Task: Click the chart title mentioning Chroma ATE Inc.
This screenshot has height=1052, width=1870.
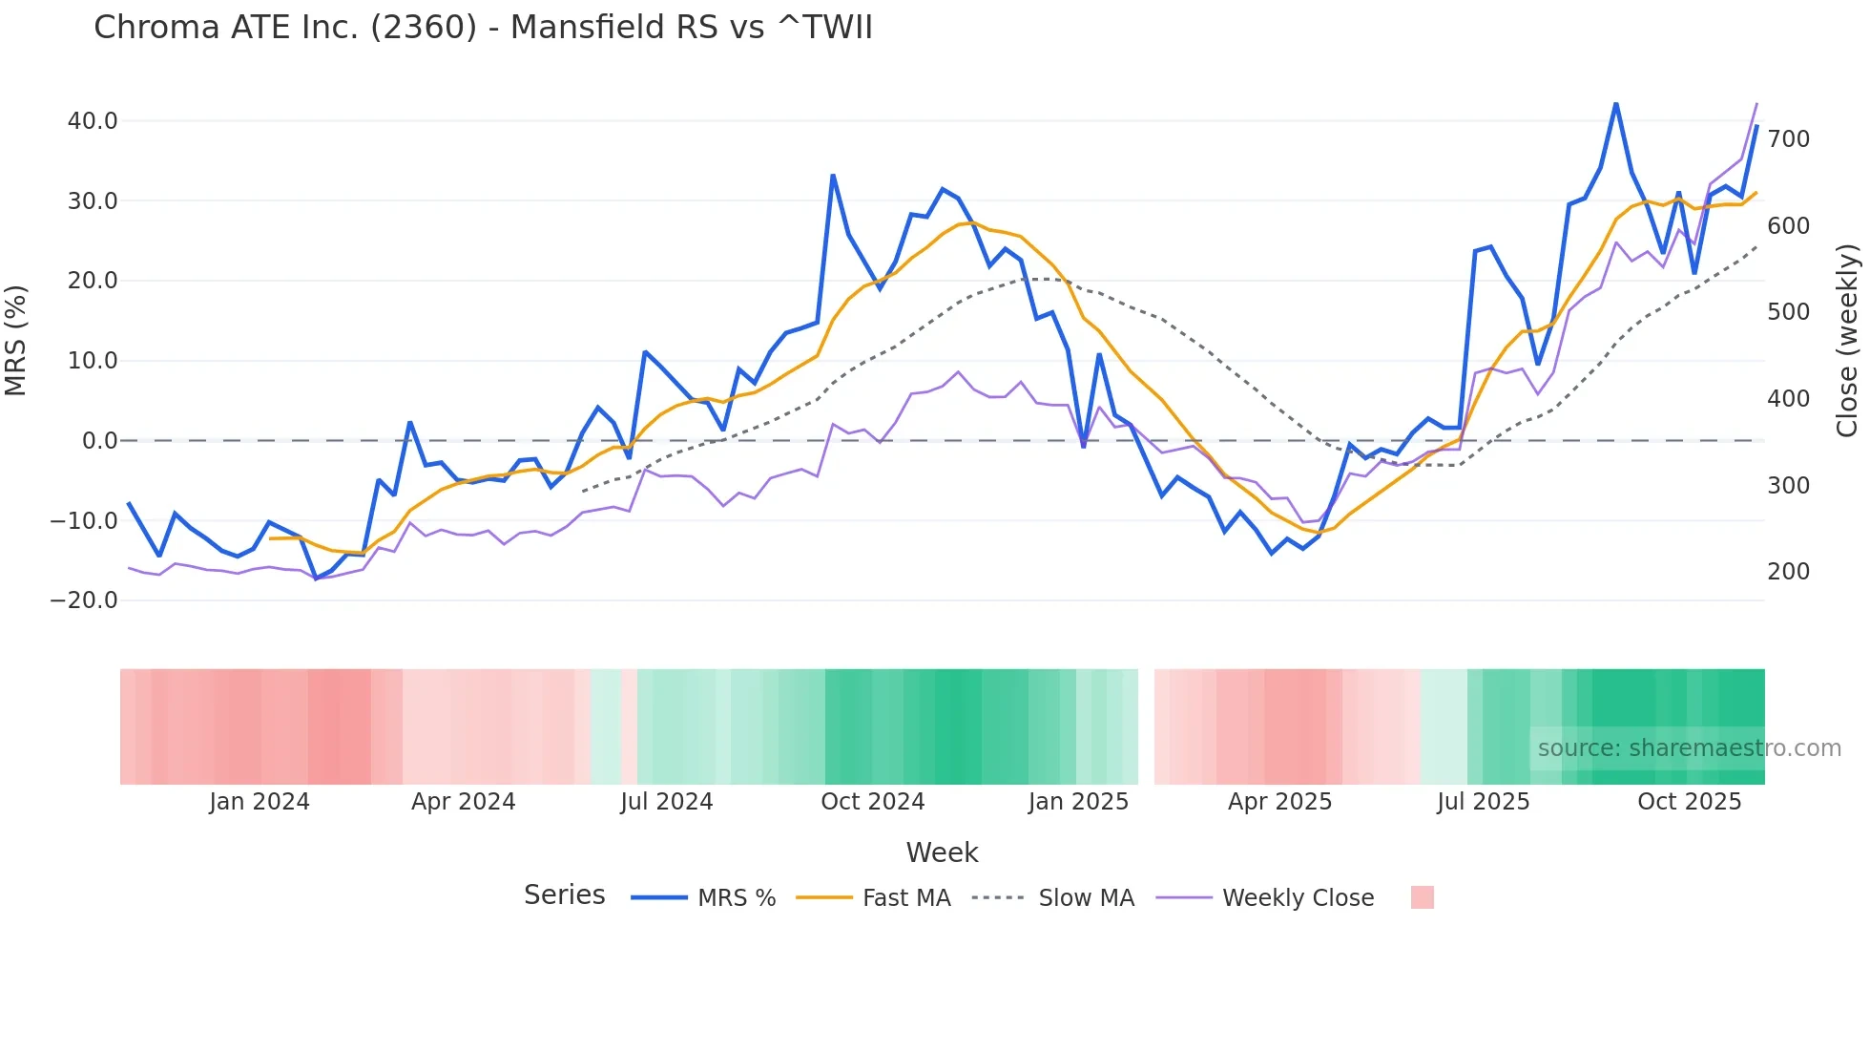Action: pos(483,28)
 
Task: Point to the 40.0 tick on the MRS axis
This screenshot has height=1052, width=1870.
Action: pos(93,121)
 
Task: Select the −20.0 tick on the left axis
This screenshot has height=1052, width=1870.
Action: pos(84,600)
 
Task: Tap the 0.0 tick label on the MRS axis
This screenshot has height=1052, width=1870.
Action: pos(99,441)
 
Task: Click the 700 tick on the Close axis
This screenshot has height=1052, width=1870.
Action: pos(1788,139)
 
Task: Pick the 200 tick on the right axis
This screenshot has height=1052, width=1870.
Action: pos(1788,572)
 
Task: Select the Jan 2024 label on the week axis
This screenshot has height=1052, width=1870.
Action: pos(260,802)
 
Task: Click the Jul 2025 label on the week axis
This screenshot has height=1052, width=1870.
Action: pos(1483,802)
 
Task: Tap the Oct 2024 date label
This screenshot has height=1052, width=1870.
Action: pos(872,802)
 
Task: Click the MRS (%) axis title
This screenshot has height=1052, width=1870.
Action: pos(16,341)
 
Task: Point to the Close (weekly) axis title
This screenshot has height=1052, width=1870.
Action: pos(1847,341)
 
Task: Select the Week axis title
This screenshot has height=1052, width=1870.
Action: pos(942,852)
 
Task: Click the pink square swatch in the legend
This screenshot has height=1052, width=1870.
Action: pos(1422,898)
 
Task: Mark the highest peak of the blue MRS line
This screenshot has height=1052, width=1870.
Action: pos(1615,103)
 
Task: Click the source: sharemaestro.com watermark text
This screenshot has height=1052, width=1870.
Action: pos(1689,748)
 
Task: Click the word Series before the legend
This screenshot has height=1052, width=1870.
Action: pos(564,895)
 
